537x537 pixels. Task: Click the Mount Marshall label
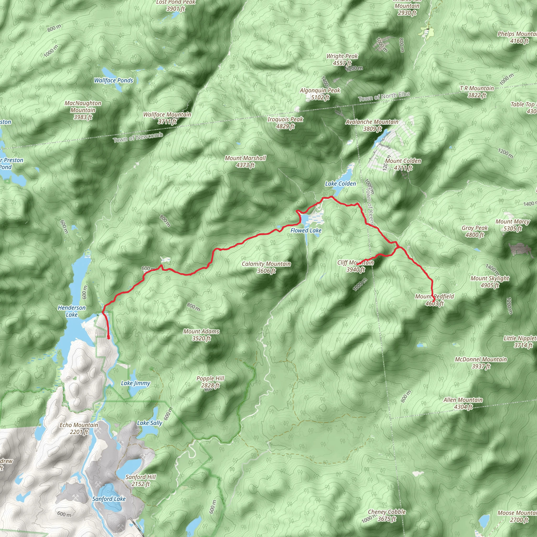click(245, 162)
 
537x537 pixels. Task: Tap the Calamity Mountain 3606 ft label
click(266, 267)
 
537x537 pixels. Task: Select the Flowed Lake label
click(306, 230)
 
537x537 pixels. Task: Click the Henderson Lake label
click(72, 311)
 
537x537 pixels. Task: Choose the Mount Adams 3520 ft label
click(201, 335)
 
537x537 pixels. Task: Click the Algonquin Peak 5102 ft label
click(320, 94)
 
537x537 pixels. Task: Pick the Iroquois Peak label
click(285, 122)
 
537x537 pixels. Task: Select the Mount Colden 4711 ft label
click(403, 164)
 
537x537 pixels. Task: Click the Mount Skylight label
click(490, 282)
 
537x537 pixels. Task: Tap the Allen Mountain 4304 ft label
click(463, 403)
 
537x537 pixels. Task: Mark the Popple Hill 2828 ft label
click(210, 382)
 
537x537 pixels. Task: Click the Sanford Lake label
click(109, 499)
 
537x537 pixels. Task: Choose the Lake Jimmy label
click(135, 383)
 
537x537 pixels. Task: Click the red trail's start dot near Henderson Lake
click(108, 337)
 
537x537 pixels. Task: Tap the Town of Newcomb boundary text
click(138, 138)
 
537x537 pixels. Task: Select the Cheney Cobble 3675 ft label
click(387, 515)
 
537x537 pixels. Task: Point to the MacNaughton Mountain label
click(83, 110)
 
